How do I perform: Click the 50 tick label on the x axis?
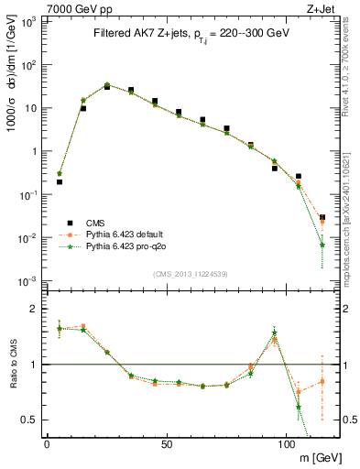166,443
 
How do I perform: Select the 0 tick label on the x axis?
47,443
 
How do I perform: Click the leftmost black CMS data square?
60,181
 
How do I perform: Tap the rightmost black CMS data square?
322,217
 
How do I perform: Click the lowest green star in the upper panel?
322,245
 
